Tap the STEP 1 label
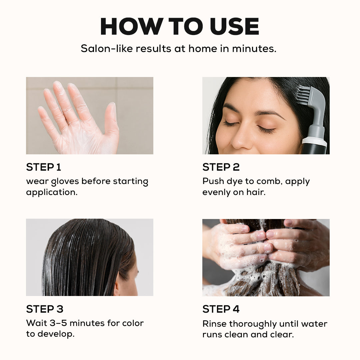point(44,167)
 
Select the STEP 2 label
point(221,167)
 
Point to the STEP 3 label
point(45,309)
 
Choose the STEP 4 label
point(221,309)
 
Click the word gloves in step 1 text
point(65,182)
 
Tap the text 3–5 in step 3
point(58,323)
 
